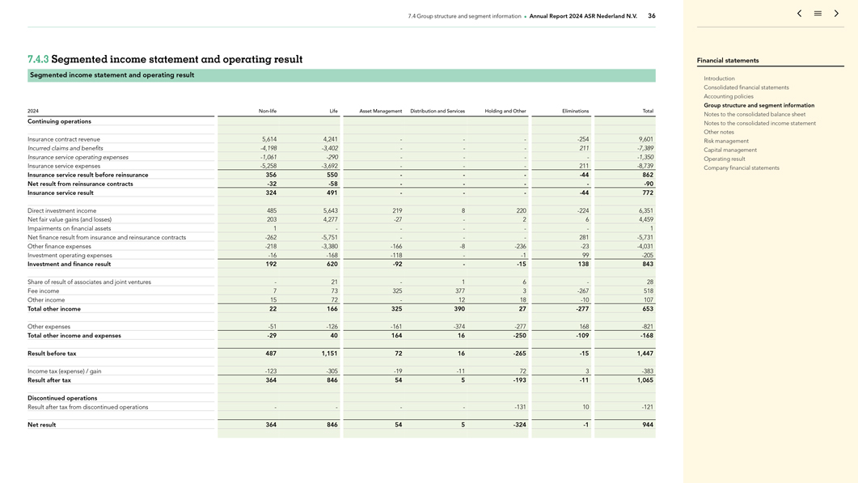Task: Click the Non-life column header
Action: pyautogui.click(x=267, y=111)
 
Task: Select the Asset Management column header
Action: pyautogui.click(x=380, y=111)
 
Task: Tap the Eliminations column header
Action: pyautogui.click(x=575, y=111)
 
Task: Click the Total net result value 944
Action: pyautogui.click(x=648, y=425)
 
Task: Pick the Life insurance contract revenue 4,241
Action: pyautogui.click(x=330, y=139)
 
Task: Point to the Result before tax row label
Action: pyautogui.click(x=52, y=354)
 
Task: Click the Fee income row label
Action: pyautogui.click(x=43, y=291)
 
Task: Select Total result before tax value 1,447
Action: pyautogui.click(x=645, y=354)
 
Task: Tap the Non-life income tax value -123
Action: pyautogui.click(x=269, y=371)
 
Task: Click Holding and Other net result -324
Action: pyautogui.click(x=518, y=425)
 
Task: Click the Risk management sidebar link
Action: pyautogui.click(x=726, y=141)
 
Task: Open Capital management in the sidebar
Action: pyautogui.click(x=730, y=150)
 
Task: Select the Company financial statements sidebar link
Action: pyautogui.click(x=741, y=168)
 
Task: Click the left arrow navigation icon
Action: pyautogui.click(x=799, y=14)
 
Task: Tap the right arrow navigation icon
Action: pyautogui.click(x=836, y=14)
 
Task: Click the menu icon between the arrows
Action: pyautogui.click(x=818, y=14)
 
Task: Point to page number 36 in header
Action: pyautogui.click(x=652, y=16)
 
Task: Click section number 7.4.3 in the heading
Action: pyautogui.click(x=38, y=59)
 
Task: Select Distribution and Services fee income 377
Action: pyautogui.click(x=459, y=291)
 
